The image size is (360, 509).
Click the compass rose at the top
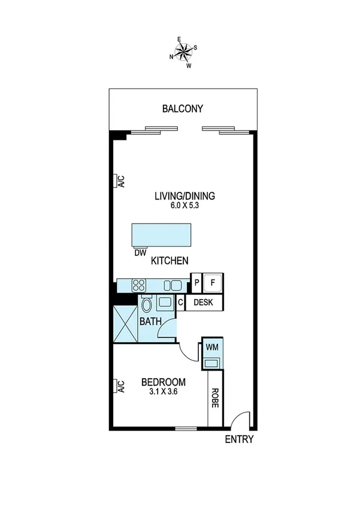183,52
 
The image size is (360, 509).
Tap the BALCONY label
183,109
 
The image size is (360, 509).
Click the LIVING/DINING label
184,196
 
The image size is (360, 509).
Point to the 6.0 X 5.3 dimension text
184,206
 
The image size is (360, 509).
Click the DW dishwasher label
141,253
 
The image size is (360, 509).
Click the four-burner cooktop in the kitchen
139,285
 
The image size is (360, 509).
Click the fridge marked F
212,282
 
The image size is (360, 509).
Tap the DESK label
204,303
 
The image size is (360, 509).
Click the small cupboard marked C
180,303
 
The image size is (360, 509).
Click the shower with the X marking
125,324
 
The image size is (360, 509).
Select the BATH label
150,322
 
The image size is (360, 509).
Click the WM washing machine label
212,347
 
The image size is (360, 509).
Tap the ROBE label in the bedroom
215,398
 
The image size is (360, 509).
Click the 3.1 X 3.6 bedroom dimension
163,393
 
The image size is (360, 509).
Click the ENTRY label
239,439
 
